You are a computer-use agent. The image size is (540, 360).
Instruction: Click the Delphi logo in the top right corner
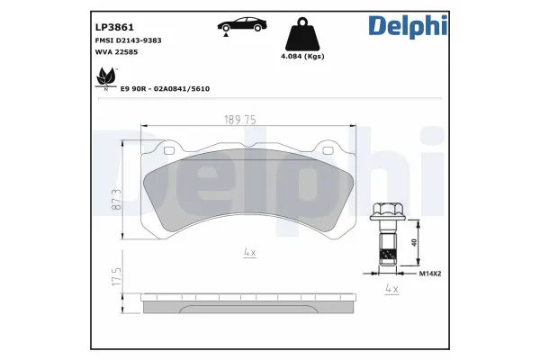[407, 26]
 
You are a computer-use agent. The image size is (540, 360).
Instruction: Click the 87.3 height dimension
[116, 198]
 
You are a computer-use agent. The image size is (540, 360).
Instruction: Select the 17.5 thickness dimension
[116, 274]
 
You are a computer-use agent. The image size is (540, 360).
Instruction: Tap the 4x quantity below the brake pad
[249, 254]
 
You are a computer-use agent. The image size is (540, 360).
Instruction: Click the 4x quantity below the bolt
[391, 289]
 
